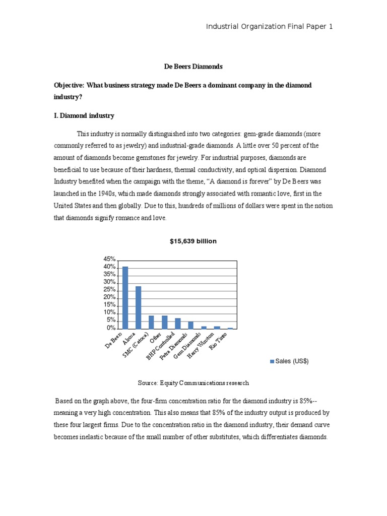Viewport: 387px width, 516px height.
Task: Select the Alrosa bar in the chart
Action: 138,307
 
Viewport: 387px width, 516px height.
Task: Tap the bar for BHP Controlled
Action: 177,323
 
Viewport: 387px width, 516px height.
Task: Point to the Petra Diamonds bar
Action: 190,325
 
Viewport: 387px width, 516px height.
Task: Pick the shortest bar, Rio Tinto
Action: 230,328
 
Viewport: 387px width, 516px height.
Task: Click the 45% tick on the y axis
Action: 109,259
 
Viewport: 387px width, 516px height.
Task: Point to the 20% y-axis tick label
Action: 109,297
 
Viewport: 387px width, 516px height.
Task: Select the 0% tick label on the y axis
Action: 110,328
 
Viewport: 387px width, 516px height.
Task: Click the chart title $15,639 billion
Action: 193,241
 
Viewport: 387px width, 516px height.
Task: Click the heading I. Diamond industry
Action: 84,116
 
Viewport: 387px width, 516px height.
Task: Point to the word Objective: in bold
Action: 71,85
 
